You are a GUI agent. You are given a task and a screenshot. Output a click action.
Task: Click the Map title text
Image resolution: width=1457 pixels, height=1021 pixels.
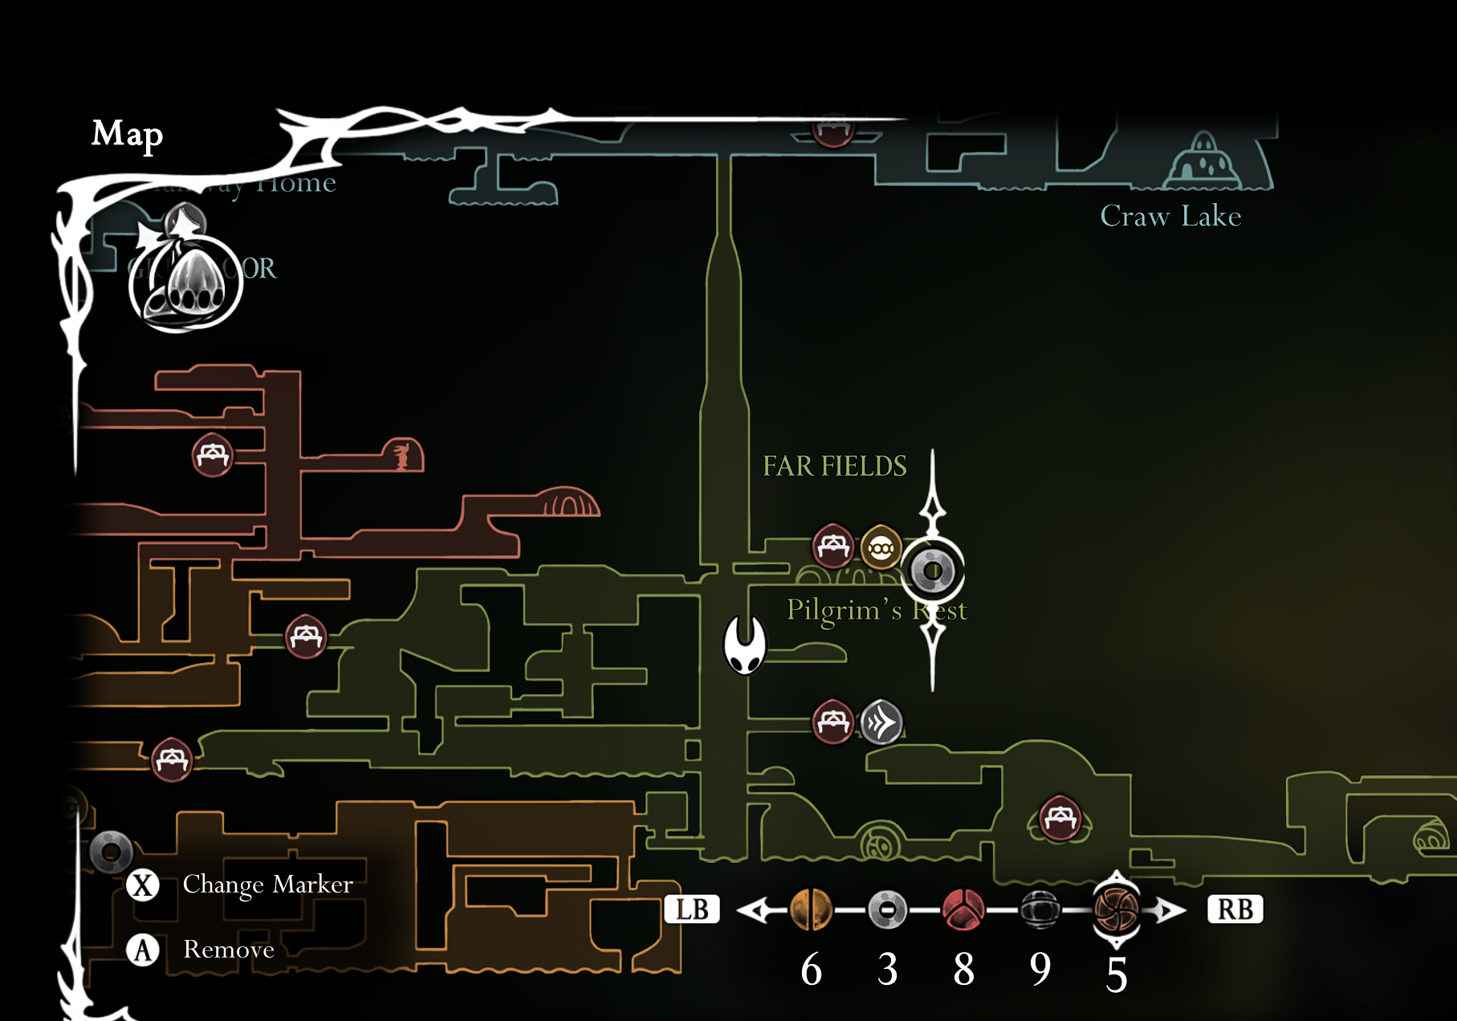tap(127, 134)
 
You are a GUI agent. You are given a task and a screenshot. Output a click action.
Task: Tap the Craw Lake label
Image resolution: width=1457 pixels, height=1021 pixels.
tap(1170, 216)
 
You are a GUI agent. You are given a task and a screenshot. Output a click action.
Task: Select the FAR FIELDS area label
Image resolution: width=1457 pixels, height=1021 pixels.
tap(834, 466)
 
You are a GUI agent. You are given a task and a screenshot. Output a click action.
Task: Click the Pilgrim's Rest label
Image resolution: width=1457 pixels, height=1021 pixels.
tap(876, 610)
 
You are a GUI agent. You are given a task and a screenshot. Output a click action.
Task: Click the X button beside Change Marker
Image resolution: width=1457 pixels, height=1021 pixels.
tap(143, 885)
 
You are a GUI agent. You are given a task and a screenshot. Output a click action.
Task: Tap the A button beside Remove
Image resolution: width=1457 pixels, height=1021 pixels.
tap(143, 950)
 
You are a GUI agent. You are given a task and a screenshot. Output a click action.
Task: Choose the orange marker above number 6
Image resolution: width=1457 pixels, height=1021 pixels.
tap(811, 910)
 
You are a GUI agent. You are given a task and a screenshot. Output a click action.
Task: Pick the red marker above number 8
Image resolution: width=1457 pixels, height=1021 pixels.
tap(963, 910)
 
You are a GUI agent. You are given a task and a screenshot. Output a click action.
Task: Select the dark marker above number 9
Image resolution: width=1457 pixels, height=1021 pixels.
tap(1040, 910)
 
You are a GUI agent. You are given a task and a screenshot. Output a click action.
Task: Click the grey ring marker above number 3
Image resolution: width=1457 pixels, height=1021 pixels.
tap(887, 910)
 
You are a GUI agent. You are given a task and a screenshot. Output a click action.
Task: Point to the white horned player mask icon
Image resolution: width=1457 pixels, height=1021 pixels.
tap(745, 645)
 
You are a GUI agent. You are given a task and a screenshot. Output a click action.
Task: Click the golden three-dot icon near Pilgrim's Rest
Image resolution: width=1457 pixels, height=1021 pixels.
tap(881, 548)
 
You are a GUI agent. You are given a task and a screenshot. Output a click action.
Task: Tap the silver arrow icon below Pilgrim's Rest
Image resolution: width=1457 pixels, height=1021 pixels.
tap(881, 722)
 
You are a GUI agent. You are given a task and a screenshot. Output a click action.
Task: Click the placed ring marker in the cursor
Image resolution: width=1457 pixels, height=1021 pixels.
tap(933, 571)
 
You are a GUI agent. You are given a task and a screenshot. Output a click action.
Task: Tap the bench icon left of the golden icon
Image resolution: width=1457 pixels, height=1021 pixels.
tap(833, 547)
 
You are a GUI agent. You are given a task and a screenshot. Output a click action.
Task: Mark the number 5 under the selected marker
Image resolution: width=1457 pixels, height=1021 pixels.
tap(1117, 974)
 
